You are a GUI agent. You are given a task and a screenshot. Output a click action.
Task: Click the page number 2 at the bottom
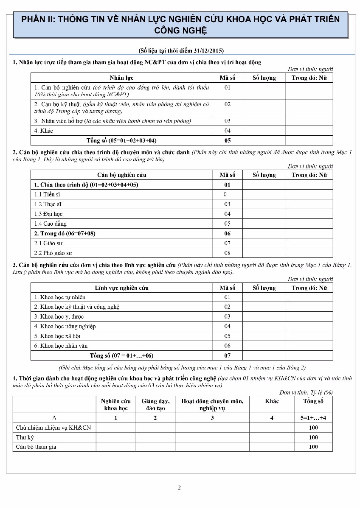point(179,487)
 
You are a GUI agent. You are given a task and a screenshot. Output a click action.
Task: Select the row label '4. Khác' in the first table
point(44,131)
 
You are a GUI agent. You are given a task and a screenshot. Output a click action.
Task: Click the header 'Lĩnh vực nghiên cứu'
point(121,288)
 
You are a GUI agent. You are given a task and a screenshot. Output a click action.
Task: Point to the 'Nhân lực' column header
point(121,78)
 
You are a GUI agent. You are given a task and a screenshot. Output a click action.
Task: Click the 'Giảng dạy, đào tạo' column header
point(155,405)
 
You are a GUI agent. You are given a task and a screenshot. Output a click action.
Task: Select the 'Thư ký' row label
point(25,437)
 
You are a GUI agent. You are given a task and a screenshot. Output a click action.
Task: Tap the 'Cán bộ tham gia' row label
point(36,447)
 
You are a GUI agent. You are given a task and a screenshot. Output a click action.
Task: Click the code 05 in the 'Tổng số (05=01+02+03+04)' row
point(228,140)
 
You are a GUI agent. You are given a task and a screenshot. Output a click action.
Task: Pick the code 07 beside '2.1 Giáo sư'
point(228,243)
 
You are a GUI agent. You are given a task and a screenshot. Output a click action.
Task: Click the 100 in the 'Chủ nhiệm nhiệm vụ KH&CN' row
point(313,428)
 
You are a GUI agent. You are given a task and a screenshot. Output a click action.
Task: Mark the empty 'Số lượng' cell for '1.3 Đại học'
point(264,214)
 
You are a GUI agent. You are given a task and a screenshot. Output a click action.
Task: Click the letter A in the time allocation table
point(54,418)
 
